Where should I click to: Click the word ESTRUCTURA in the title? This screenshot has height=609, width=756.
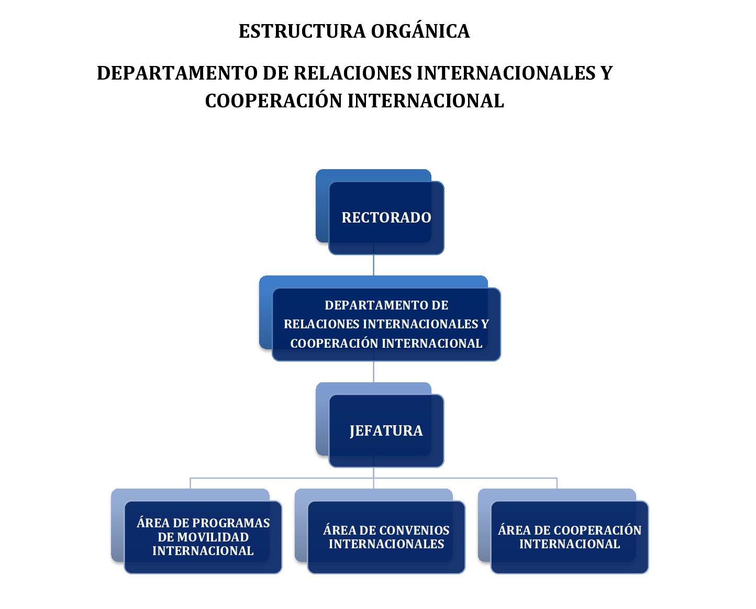pyautogui.click(x=302, y=31)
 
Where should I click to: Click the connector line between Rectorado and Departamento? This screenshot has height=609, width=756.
pyautogui.click(x=373, y=265)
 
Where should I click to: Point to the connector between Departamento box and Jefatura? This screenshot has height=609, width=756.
pyautogui.click(x=373, y=372)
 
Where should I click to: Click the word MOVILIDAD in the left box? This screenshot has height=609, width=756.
pyautogui.click(x=203, y=537)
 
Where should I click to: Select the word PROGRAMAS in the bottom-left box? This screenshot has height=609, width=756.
pyautogui.click(x=231, y=523)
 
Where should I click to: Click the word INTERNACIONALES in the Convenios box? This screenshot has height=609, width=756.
pyautogui.click(x=386, y=544)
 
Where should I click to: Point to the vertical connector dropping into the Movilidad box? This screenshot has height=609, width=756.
pyautogui.click(x=190, y=483)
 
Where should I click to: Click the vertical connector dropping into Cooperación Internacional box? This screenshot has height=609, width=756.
pyautogui.click(x=557, y=483)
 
